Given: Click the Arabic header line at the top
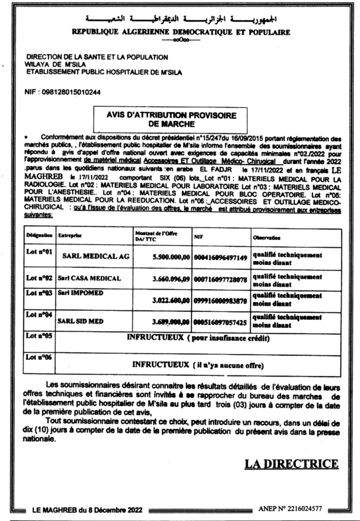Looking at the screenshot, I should [181, 20].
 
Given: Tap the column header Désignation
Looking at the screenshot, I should [39, 236].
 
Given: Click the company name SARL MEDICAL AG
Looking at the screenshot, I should [95, 257].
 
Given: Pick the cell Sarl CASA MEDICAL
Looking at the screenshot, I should [89, 278].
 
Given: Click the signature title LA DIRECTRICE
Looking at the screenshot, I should [291, 464].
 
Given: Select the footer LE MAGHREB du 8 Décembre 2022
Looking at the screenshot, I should [88, 509].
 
